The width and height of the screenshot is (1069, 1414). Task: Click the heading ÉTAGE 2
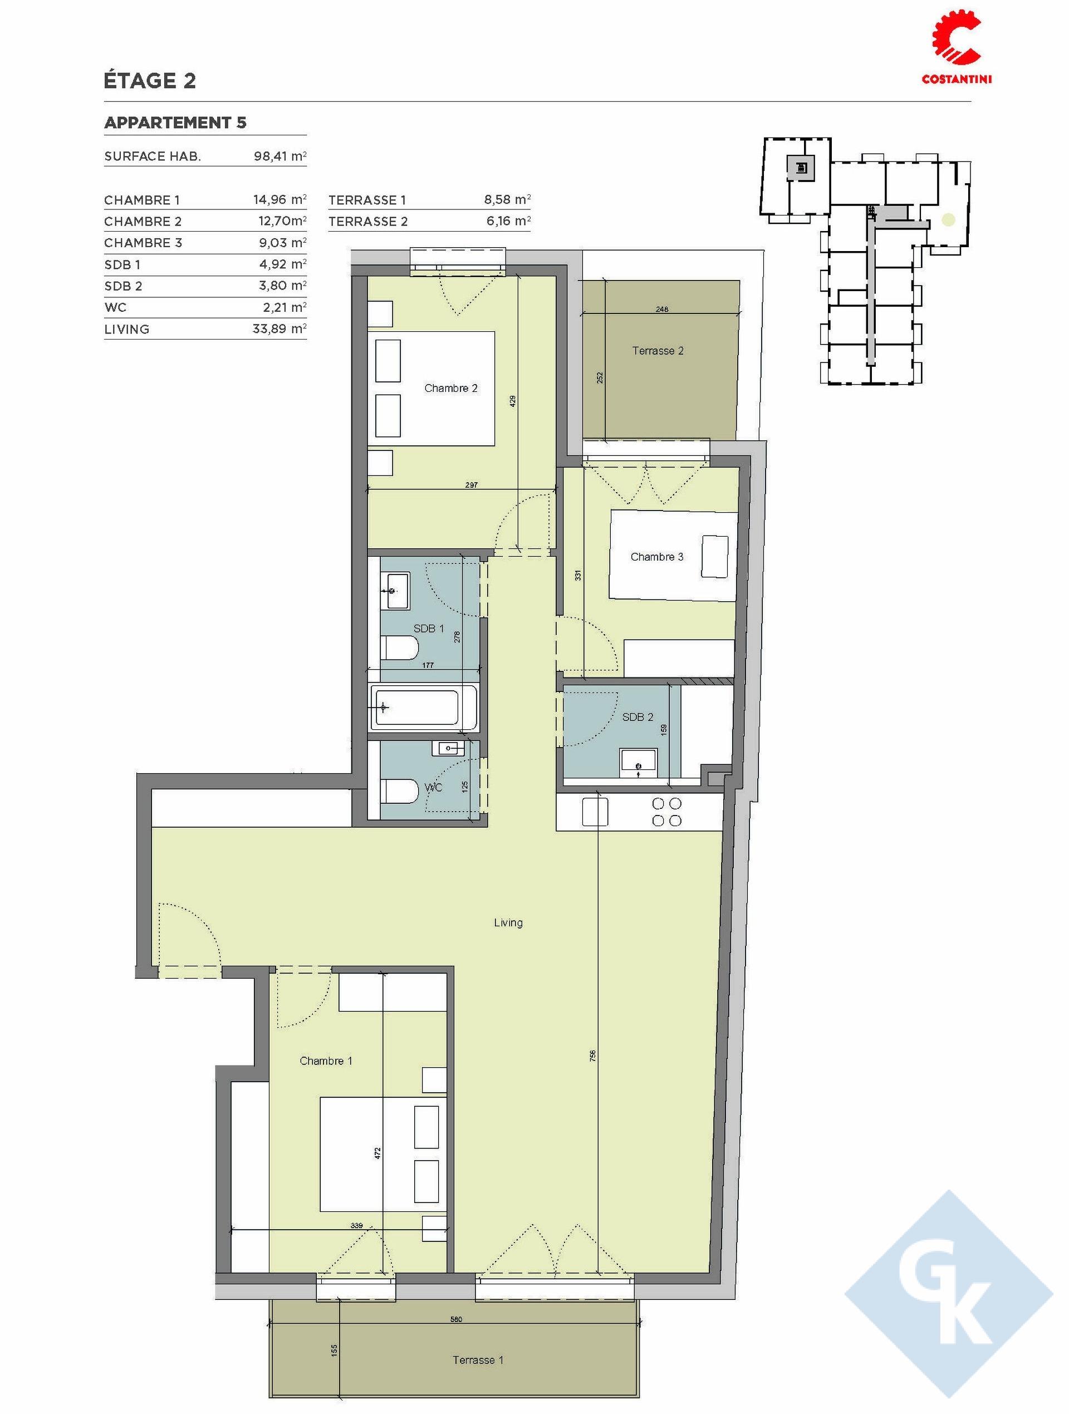150,81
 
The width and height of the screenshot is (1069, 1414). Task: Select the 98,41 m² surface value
280,156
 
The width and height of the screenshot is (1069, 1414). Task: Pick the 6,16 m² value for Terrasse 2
508,221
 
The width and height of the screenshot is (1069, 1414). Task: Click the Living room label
508,922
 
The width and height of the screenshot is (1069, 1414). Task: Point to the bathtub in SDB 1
424,708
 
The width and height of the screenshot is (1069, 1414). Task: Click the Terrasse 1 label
478,1359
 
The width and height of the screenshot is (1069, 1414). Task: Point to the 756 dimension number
592,1054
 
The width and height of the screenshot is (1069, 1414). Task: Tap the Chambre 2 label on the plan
451,388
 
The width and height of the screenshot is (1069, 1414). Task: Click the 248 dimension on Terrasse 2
662,310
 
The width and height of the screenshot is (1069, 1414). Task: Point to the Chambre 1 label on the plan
326,1061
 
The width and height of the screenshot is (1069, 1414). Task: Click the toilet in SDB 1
400,647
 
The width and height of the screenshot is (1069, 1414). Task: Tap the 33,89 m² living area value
280,329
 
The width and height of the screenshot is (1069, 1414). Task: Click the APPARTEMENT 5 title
175,122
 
